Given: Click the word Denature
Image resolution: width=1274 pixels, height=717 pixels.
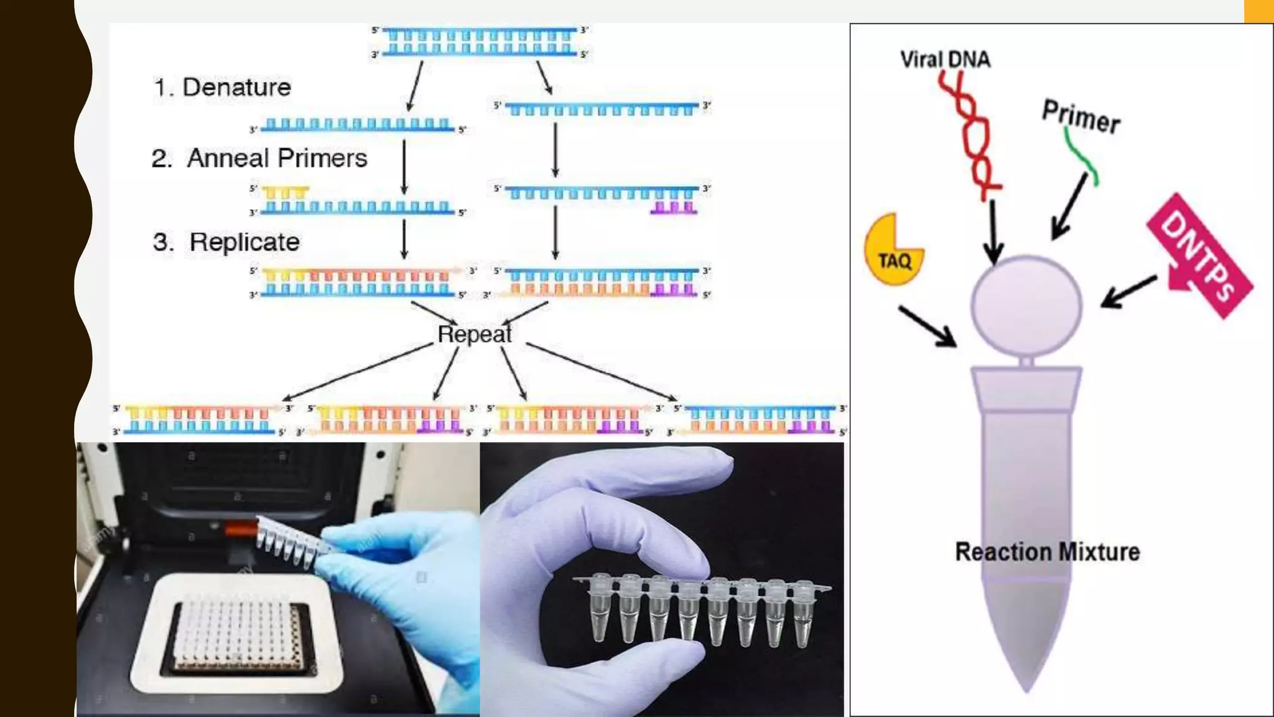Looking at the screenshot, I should pos(236,87).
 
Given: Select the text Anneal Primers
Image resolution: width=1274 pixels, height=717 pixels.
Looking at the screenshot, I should pos(277,158).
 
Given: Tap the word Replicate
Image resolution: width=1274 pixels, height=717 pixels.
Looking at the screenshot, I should pos(244,242).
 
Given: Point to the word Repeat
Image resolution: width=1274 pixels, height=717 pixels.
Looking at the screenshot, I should pos(475,334).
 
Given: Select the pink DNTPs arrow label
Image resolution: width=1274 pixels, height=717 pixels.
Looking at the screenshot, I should pos(1198,255).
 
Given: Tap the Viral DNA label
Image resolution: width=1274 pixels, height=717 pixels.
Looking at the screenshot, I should pos(945,59).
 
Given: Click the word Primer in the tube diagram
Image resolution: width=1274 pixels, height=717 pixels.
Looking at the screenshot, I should pos(1082,116).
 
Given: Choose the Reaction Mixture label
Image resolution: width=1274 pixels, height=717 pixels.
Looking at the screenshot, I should pos(1048,552).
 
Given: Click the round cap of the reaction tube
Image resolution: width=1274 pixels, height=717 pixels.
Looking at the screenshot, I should pos(1026,305).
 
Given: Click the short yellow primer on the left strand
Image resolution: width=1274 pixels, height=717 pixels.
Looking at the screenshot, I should pos(285,192).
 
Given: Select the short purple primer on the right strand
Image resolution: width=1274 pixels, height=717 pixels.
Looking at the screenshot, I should pos(674,208).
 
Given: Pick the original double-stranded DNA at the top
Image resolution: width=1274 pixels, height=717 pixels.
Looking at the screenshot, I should pos(479,42).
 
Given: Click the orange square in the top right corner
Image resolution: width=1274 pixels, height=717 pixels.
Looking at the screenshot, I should pos(1258,11).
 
